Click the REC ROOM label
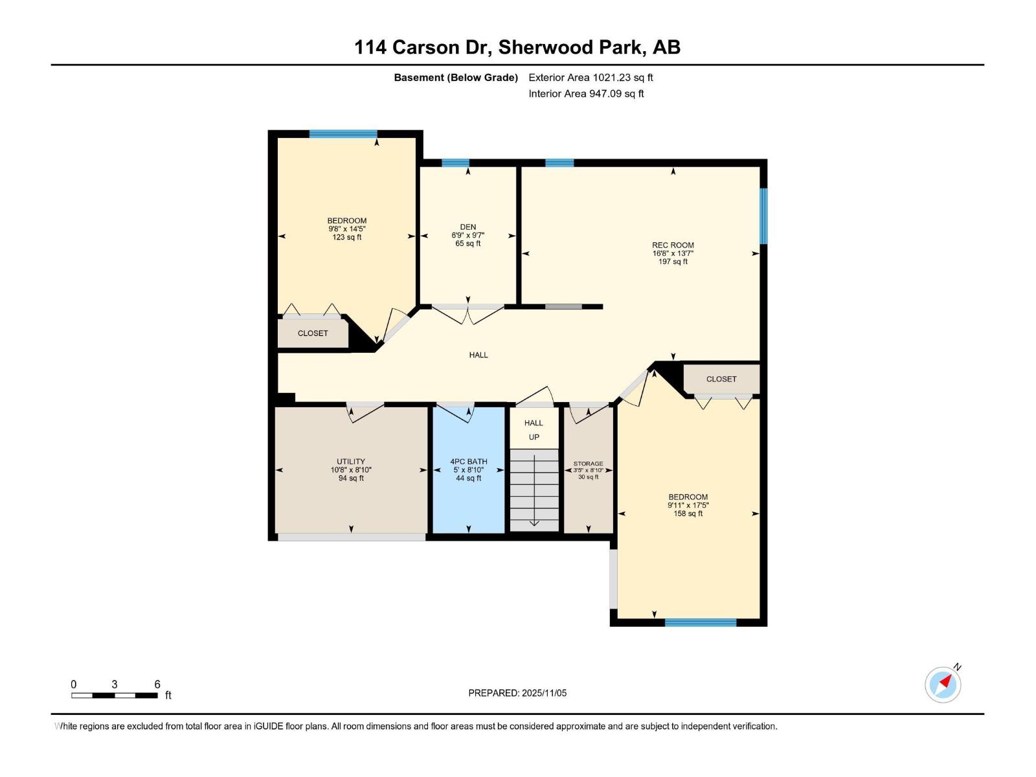pyautogui.click(x=673, y=245)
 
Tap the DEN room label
pyautogui.click(x=468, y=227)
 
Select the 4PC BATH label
pyautogui.click(x=469, y=462)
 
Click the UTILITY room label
pyautogui.click(x=351, y=462)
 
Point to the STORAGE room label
pyautogui.click(x=588, y=464)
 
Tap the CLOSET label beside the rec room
pyautogui.click(x=721, y=379)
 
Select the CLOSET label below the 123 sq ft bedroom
pyautogui.click(x=313, y=333)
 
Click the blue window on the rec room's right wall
pyautogui.click(x=763, y=216)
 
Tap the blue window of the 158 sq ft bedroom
pyautogui.click(x=701, y=623)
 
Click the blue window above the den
pyautogui.click(x=455, y=163)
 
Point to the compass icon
pyautogui.click(x=943, y=684)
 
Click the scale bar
pyautogui.click(x=115, y=695)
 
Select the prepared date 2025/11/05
pyautogui.click(x=517, y=693)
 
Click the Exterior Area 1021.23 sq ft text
pyautogui.click(x=591, y=78)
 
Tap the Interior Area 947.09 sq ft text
pyautogui.click(x=586, y=94)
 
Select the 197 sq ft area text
pyautogui.click(x=673, y=262)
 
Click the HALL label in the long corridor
pyautogui.click(x=479, y=355)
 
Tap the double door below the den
pyautogui.click(x=468, y=314)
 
